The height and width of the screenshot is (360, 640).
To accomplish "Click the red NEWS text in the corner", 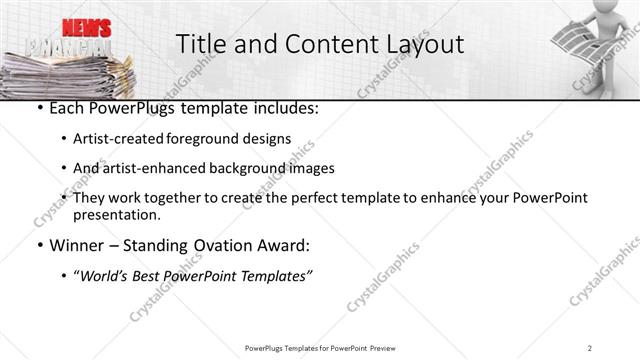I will click(x=86, y=27).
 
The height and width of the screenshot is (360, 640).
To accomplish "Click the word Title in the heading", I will click(x=197, y=44).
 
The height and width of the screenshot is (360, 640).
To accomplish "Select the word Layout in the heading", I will click(x=423, y=44).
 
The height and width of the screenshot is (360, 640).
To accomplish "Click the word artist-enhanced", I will click(x=159, y=168).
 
